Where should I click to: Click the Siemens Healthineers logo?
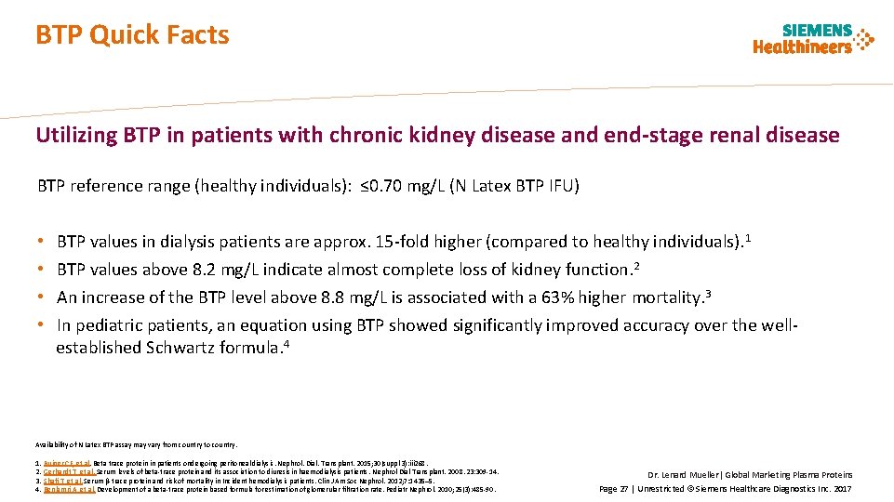(x=813, y=39)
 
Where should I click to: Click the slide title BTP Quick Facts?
(x=132, y=35)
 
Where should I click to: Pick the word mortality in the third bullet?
(x=668, y=297)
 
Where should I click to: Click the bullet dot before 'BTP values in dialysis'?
(x=42, y=242)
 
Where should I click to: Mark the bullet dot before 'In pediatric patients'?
(x=42, y=325)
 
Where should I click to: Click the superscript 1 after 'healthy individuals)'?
(x=749, y=238)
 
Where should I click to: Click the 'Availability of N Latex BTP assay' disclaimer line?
(x=138, y=444)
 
